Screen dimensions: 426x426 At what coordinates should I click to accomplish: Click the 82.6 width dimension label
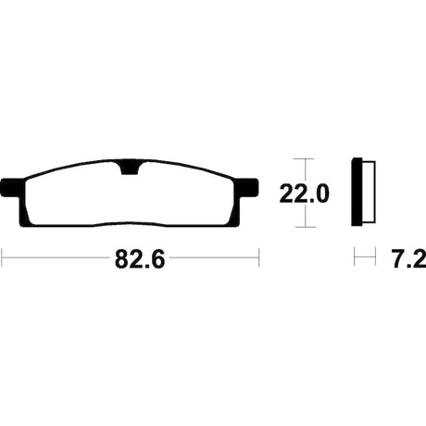[140, 259]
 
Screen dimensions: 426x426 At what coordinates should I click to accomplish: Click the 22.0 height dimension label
[304, 194]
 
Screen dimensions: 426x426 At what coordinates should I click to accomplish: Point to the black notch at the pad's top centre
[130, 168]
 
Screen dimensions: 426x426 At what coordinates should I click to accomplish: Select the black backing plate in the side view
[357, 192]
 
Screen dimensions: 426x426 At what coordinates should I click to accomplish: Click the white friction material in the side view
[369, 192]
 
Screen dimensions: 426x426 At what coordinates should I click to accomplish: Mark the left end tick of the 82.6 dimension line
[2, 257]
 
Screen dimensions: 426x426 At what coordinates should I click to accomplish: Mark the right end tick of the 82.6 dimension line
[258, 257]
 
